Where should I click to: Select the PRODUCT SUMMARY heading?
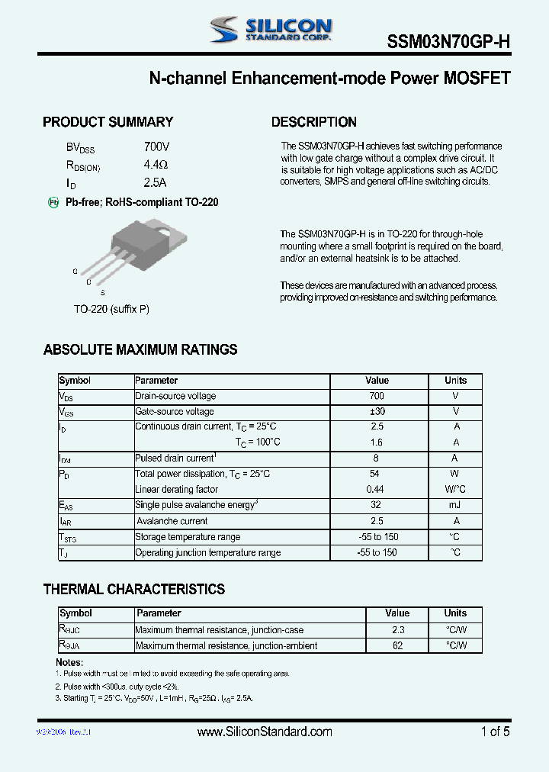click(108, 122)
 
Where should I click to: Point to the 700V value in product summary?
click(156, 146)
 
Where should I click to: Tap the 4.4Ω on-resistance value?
click(155, 165)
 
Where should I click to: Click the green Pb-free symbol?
click(53, 202)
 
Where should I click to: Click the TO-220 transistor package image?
click(133, 248)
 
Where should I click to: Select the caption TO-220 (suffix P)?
click(111, 309)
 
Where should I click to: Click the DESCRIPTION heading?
click(313, 122)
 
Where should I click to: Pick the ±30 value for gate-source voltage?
click(377, 411)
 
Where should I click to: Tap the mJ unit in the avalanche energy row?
click(455, 505)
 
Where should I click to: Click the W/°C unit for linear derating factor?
click(455, 489)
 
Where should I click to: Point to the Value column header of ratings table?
click(377, 380)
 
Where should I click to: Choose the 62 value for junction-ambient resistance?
click(397, 645)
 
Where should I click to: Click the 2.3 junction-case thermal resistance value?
click(397, 630)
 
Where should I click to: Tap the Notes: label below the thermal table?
click(69, 662)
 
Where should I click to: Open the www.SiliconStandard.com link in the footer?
click(265, 732)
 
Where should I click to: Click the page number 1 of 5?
click(495, 732)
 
